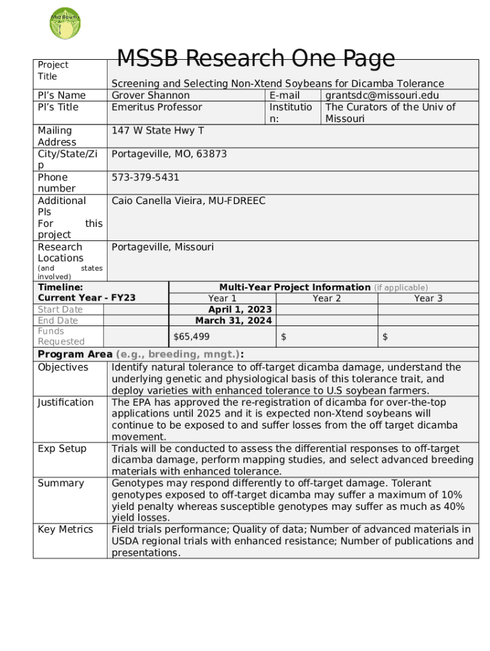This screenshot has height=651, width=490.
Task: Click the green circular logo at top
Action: click(65, 24)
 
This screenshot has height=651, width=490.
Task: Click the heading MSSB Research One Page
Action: click(256, 58)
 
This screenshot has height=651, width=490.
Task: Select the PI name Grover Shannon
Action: click(151, 95)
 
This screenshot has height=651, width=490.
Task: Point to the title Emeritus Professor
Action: click(157, 107)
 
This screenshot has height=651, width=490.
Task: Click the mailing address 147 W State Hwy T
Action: click(158, 130)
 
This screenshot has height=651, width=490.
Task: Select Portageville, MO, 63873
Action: click(169, 154)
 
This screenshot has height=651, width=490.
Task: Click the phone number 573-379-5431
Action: click(145, 177)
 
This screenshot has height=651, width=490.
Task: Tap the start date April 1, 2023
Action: click(240, 310)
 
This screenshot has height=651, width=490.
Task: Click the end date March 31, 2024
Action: click(234, 320)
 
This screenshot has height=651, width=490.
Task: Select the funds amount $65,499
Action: click(192, 336)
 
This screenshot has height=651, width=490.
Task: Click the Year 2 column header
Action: click(326, 298)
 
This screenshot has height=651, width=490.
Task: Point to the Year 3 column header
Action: click(428, 298)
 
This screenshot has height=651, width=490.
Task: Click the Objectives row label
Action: click(63, 367)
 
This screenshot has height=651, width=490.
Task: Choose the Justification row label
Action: click(66, 402)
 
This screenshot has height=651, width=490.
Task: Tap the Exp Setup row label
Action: click(61, 449)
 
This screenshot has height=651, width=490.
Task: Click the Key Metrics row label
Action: click(66, 530)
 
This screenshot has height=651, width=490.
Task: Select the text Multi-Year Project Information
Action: click(295, 287)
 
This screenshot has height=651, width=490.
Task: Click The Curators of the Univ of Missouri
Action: click(390, 113)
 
